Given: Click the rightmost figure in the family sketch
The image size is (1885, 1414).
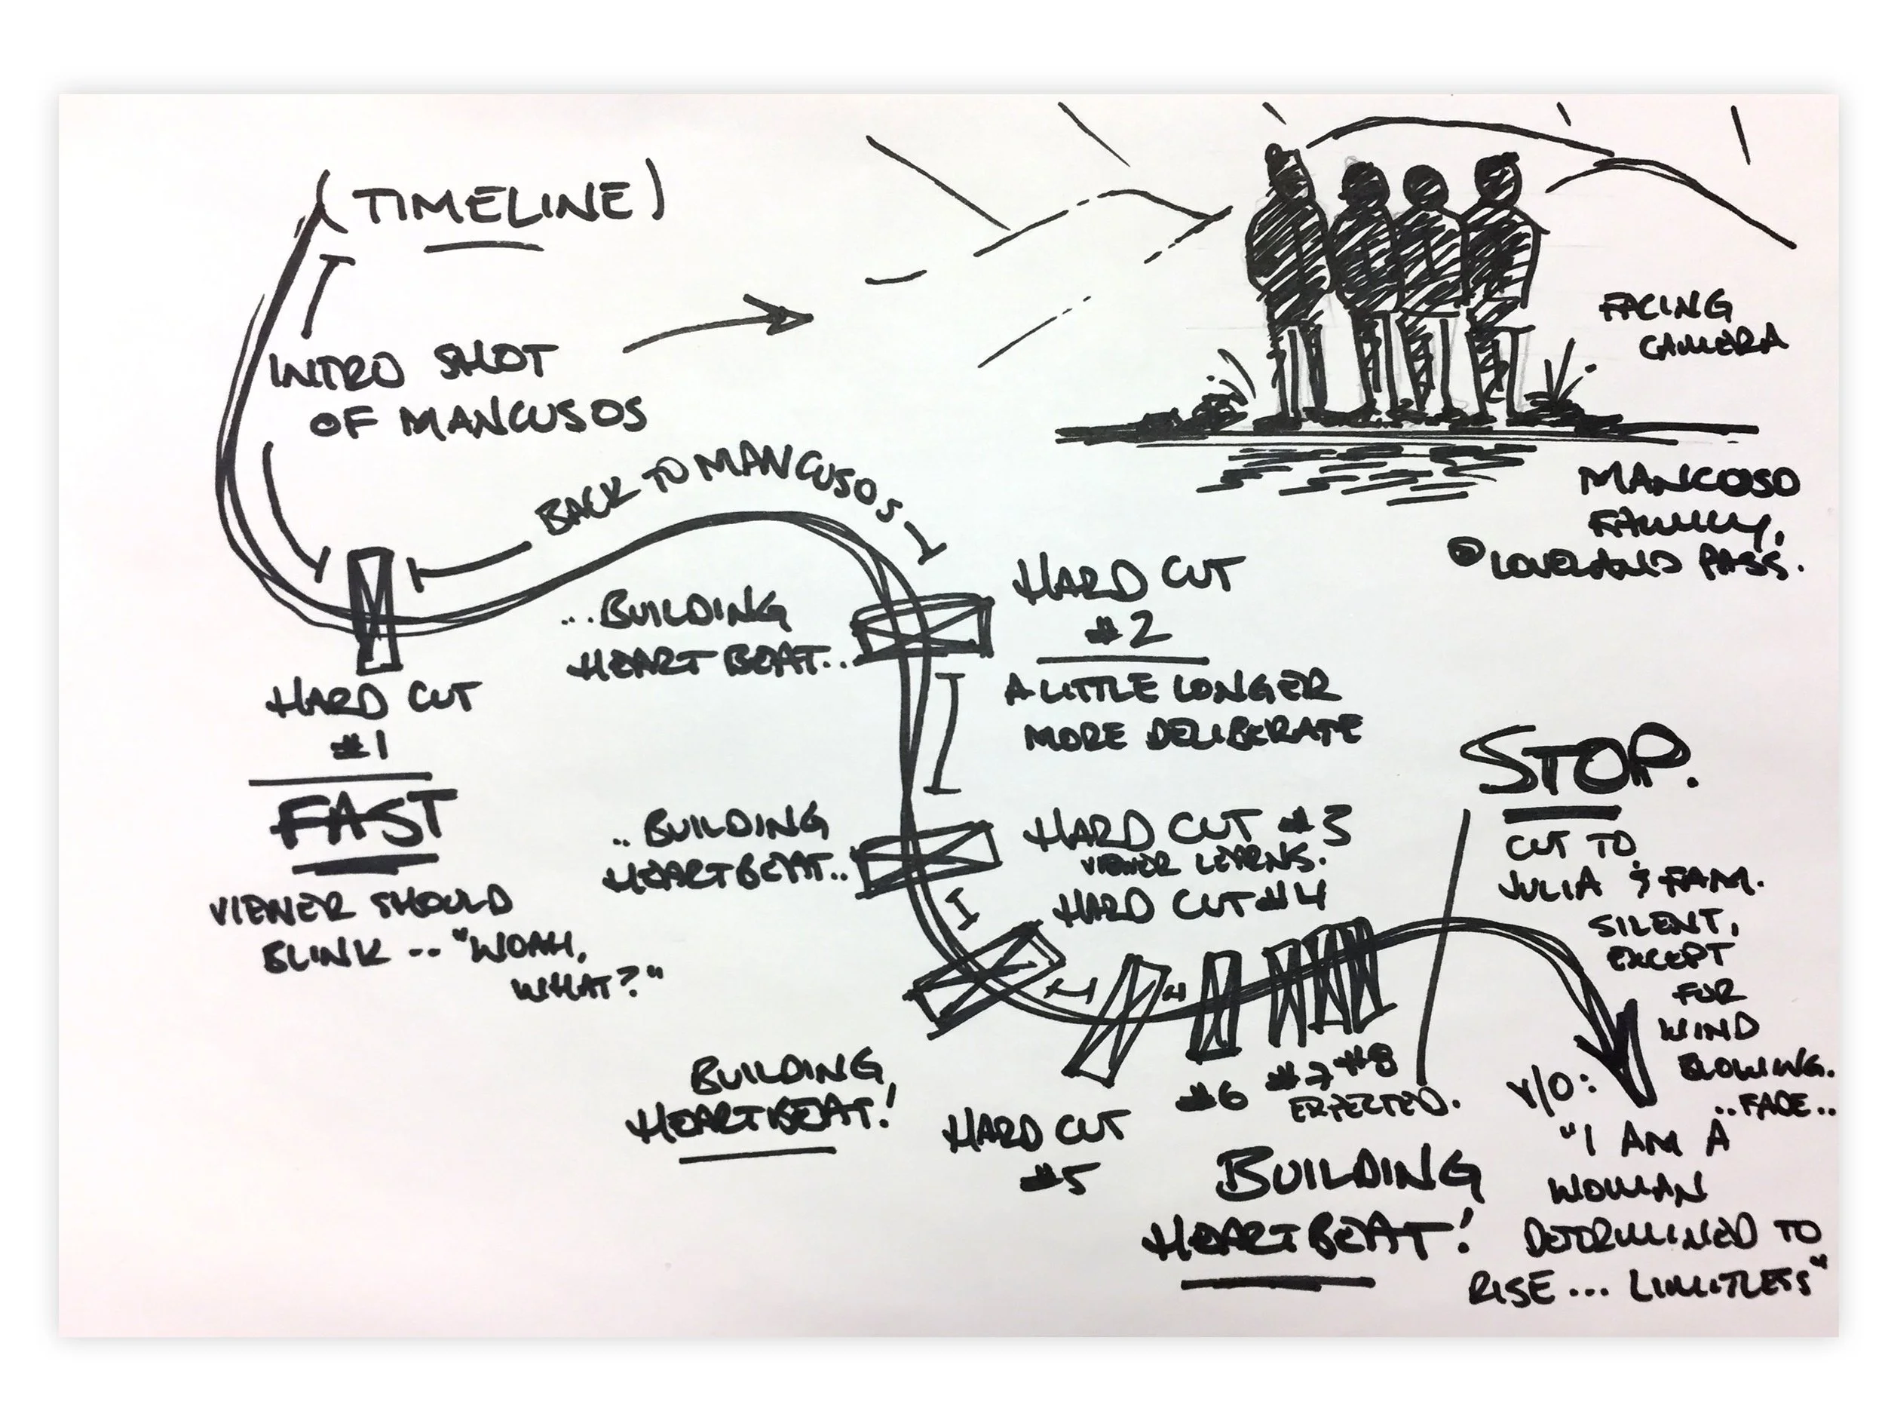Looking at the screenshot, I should click(x=1495, y=281).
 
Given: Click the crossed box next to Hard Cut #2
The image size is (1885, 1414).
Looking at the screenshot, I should click(x=923, y=629).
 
